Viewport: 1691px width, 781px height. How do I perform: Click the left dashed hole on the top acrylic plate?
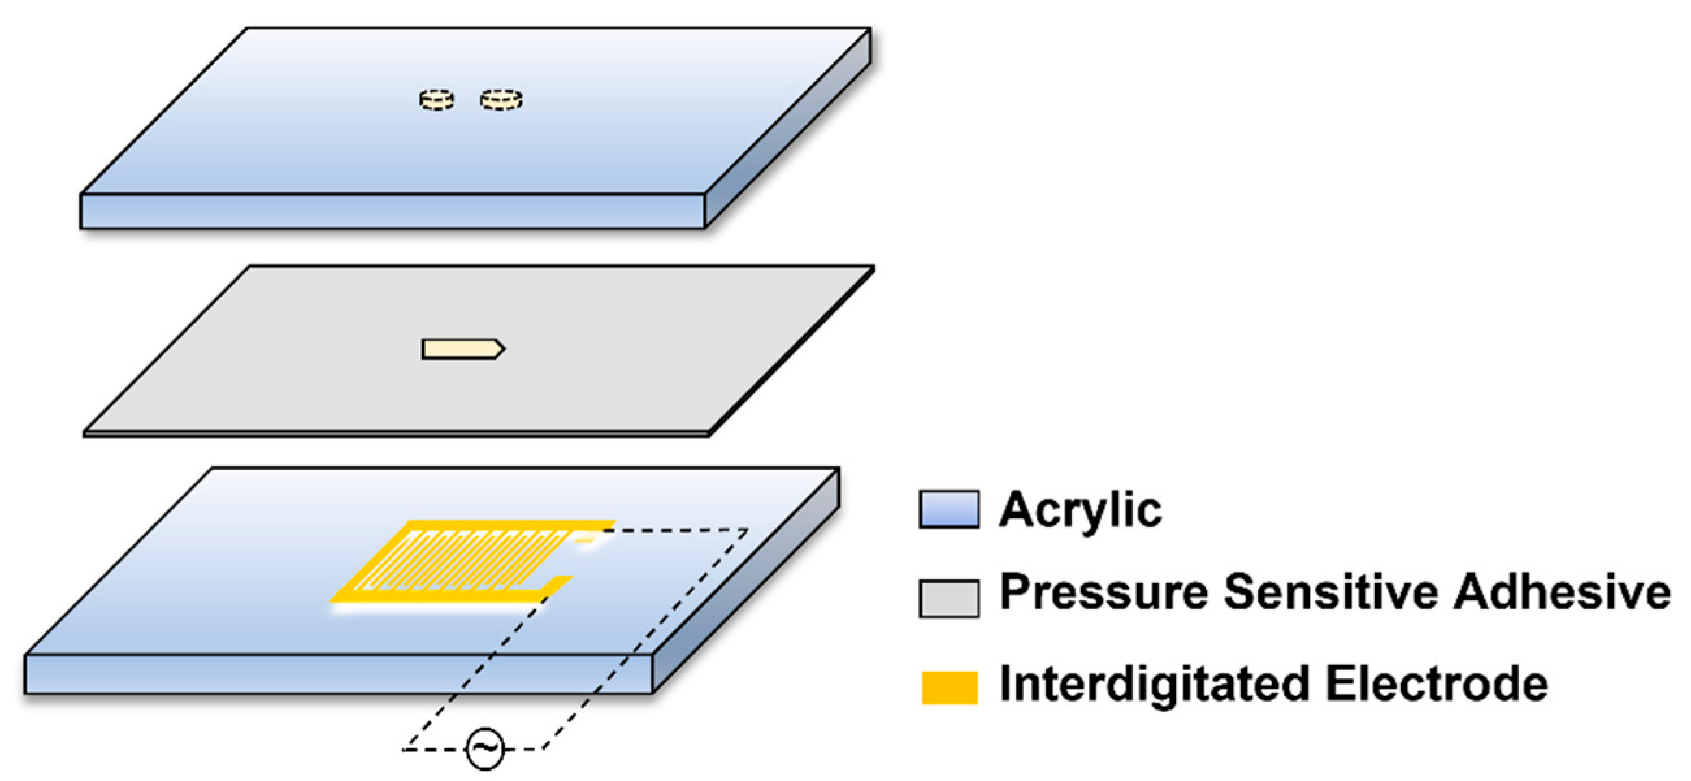(437, 100)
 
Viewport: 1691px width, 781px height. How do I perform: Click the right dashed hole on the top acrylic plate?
(501, 100)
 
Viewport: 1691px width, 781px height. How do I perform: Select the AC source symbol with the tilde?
(485, 748)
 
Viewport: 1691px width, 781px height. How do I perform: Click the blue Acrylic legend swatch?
(949, 509)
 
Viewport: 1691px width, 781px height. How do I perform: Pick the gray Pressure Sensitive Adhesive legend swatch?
(949, 598)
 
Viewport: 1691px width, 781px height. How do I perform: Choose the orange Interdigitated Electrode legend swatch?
(949, 687)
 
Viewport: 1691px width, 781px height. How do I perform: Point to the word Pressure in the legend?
(1103, 592)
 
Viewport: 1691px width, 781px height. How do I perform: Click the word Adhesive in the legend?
(1562, 592)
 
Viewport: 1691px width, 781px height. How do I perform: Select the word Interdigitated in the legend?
(1155, 685)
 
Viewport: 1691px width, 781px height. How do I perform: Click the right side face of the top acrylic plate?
(788, 128)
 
